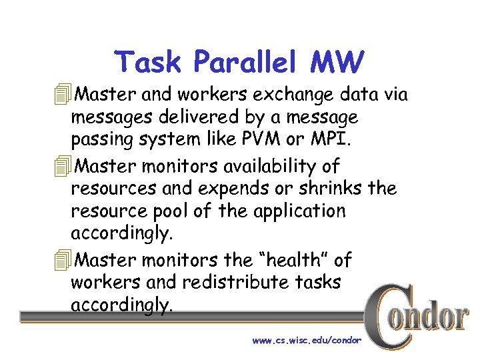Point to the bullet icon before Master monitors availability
coord(63,165)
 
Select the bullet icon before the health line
coord(63,259)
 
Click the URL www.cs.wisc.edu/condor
coord(307,341)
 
